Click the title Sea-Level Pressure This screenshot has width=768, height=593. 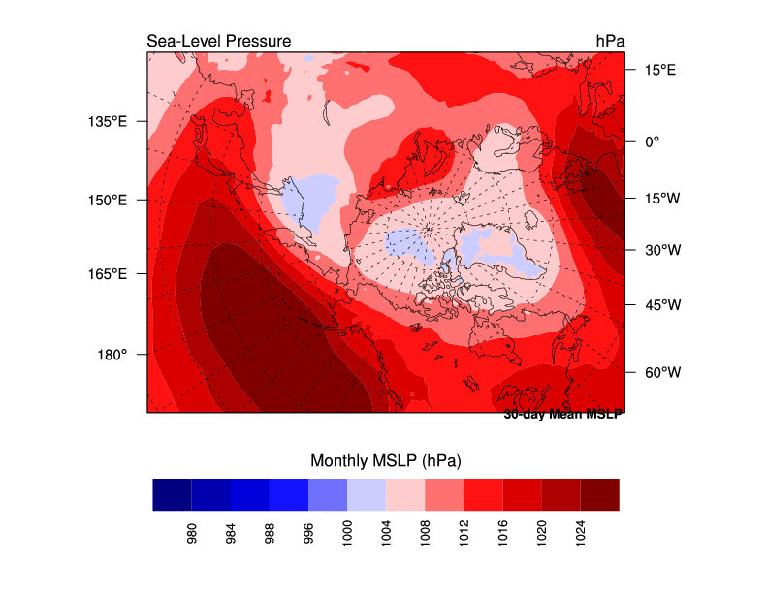(218, 41)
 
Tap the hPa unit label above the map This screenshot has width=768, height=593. (610, 41)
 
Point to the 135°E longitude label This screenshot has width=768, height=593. (108, 122)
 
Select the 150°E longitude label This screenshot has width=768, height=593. (108, 200)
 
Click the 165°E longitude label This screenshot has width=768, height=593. (108, 274)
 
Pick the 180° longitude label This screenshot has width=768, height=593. (112, 355)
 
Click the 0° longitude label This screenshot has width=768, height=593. (652, 141)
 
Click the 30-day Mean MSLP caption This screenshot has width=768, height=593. (562, 415)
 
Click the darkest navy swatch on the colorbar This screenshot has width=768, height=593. (172, 494)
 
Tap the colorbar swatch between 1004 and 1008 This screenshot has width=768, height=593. (405, 494)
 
